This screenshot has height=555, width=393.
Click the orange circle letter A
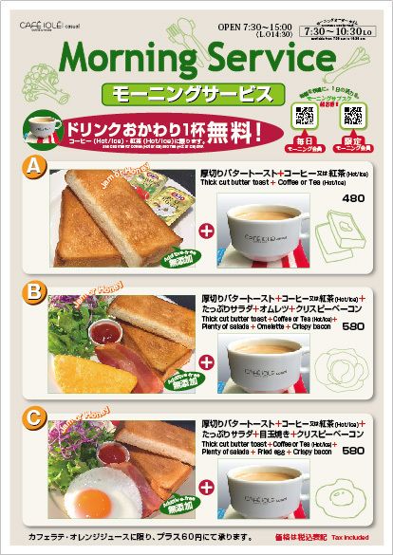point(34,167)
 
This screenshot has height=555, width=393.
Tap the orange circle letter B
point(34,289)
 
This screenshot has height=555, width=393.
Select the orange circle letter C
point(34,415)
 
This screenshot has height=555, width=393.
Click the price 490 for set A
point(352,198)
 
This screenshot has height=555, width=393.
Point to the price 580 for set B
point(352,326)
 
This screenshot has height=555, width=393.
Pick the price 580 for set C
point(352,451)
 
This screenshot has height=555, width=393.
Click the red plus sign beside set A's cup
point(206,230)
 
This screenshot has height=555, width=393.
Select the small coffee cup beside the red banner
point(41,129)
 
